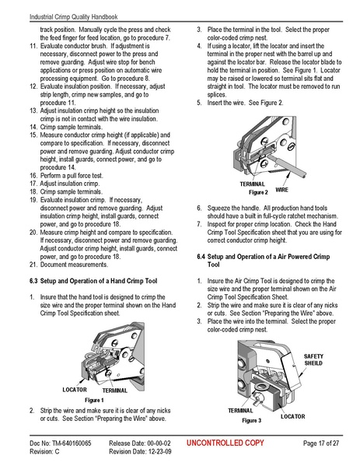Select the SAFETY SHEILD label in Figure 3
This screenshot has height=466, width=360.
(x=313, y=358)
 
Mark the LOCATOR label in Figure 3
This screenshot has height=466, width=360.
(x=292, y=416)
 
